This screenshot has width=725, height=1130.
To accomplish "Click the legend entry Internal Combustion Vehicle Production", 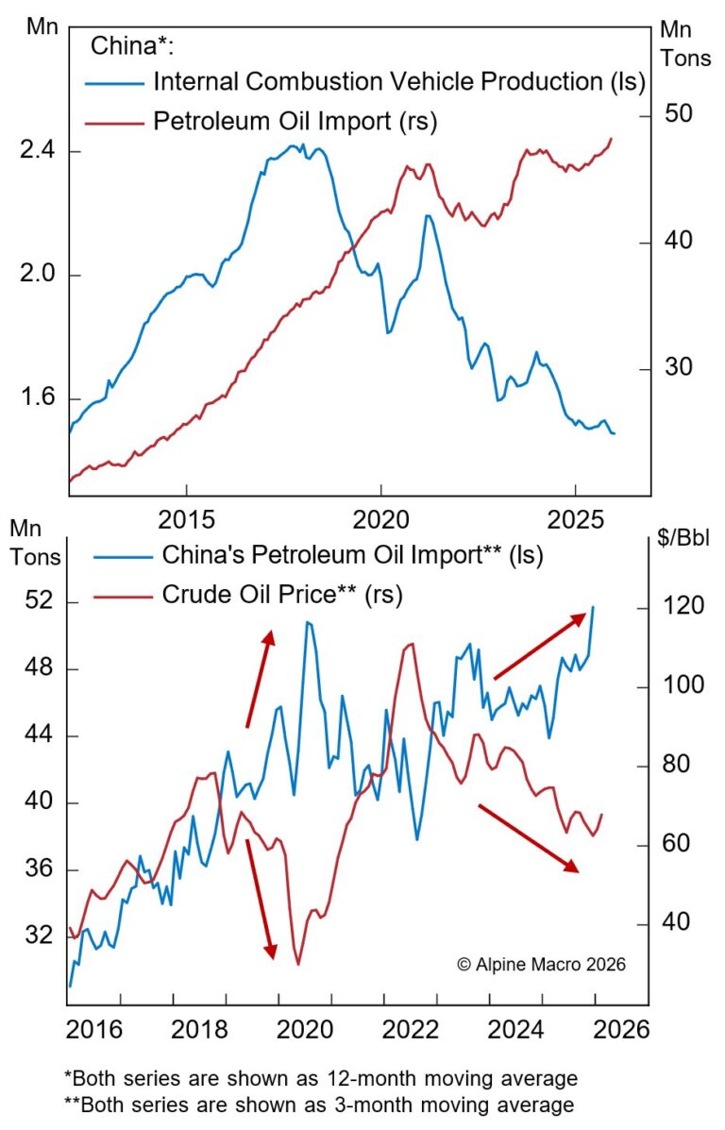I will [397, 82].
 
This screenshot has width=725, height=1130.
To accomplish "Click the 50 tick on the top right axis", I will [679, 114].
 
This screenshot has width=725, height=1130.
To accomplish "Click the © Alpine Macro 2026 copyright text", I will [541, 965].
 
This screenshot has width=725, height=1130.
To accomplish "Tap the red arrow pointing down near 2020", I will [261, 897].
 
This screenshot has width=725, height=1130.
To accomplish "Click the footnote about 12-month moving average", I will [320, 1078].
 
